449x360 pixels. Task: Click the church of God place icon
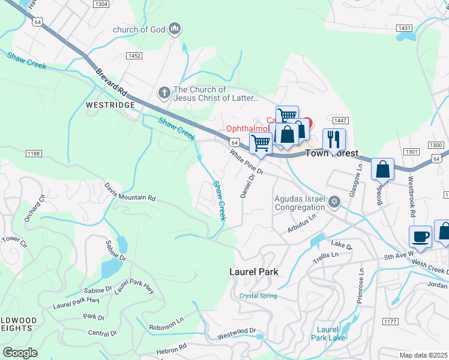pyautogui.click(x=175, y=28)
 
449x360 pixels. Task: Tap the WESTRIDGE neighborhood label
pyautogui.click(x=110, y=104)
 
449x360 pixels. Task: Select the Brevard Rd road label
pyautogui.click(x=112, y=82)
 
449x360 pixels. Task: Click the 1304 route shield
pyautogui.click(x=102, y=4)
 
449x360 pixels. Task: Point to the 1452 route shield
pyautogui.click(x=134, y=55)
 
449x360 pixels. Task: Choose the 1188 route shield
pyautogui.click(x=34, y=154)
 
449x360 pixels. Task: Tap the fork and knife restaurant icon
pyautogui.click(x=334, y=140)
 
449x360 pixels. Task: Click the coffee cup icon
pyautogui.click(x=421, y=236)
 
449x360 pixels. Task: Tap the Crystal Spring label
pyautogui.click(x=258, y=296)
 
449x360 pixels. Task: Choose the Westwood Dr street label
pyautogui.click(x=237, y=331)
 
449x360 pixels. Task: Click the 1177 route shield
pyautogui.click(x=390, y=322)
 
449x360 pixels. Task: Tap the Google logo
pyautogui.click(x=20, y=353)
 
